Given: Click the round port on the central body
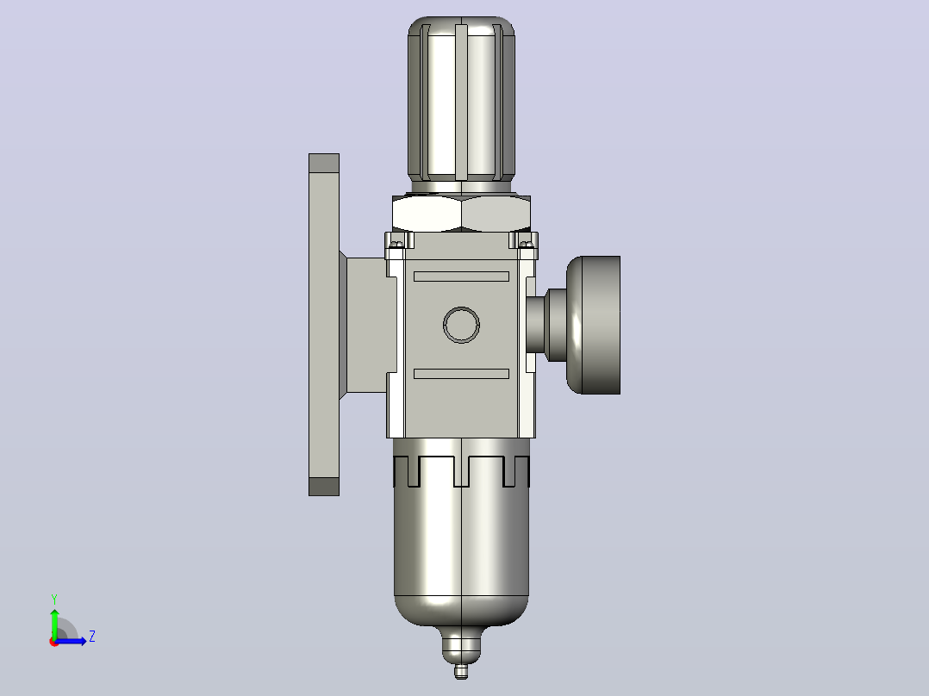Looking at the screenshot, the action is tap(462, 325).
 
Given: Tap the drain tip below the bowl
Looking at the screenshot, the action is tap(461, 672).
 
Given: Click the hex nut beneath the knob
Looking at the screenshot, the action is tap(462, 214).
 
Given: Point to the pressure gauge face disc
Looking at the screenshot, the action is tap(594, 325).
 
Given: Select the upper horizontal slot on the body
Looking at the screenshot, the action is tap(462, 276).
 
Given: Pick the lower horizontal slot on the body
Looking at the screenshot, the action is tap(462, 374).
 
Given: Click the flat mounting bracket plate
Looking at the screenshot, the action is tap(324, 325).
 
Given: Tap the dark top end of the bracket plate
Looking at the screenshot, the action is tap(324, 163).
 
